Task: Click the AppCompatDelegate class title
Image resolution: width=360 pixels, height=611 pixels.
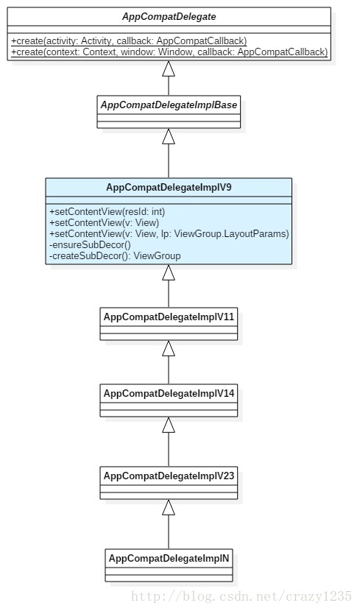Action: pos(169,16)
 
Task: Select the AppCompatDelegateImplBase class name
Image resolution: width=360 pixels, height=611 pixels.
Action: pos(169,105)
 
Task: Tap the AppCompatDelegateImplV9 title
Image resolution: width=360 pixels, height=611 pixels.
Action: pos(169,187)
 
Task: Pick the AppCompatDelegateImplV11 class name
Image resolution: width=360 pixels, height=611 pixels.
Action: pos(169,317)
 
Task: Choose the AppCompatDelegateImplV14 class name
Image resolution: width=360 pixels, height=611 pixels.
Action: pos(169,393)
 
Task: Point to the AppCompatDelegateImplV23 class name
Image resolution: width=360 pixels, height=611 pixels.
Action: pos(169,476)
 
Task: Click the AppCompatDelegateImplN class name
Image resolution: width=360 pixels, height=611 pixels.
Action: pos(169,558)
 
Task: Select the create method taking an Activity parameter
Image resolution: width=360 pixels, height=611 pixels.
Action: pos(129,41)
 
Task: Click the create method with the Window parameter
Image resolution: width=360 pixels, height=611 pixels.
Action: pos(169,52)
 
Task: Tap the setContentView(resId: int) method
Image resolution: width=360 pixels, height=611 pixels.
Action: pos(107,211)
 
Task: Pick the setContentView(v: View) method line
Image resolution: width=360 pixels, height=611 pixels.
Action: pos(104,222)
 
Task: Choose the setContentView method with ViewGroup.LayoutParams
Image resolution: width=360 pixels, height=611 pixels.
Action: pos(169,233)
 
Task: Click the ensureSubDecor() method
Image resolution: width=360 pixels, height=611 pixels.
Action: pos(90,244)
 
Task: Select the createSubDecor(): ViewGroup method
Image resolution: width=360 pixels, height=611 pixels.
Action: pos(115,255)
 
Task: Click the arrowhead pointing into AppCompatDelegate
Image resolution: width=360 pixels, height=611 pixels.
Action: pos(169,68)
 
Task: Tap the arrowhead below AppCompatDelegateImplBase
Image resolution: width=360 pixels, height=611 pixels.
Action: pos(169,136)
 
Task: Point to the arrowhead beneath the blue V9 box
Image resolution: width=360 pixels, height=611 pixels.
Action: pos(169,272)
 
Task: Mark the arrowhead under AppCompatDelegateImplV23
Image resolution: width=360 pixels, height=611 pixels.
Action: pos(169,508)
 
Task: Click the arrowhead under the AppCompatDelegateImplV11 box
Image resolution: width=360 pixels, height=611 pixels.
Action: pos(169,349)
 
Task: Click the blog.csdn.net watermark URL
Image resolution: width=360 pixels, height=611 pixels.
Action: pos(241,596)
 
